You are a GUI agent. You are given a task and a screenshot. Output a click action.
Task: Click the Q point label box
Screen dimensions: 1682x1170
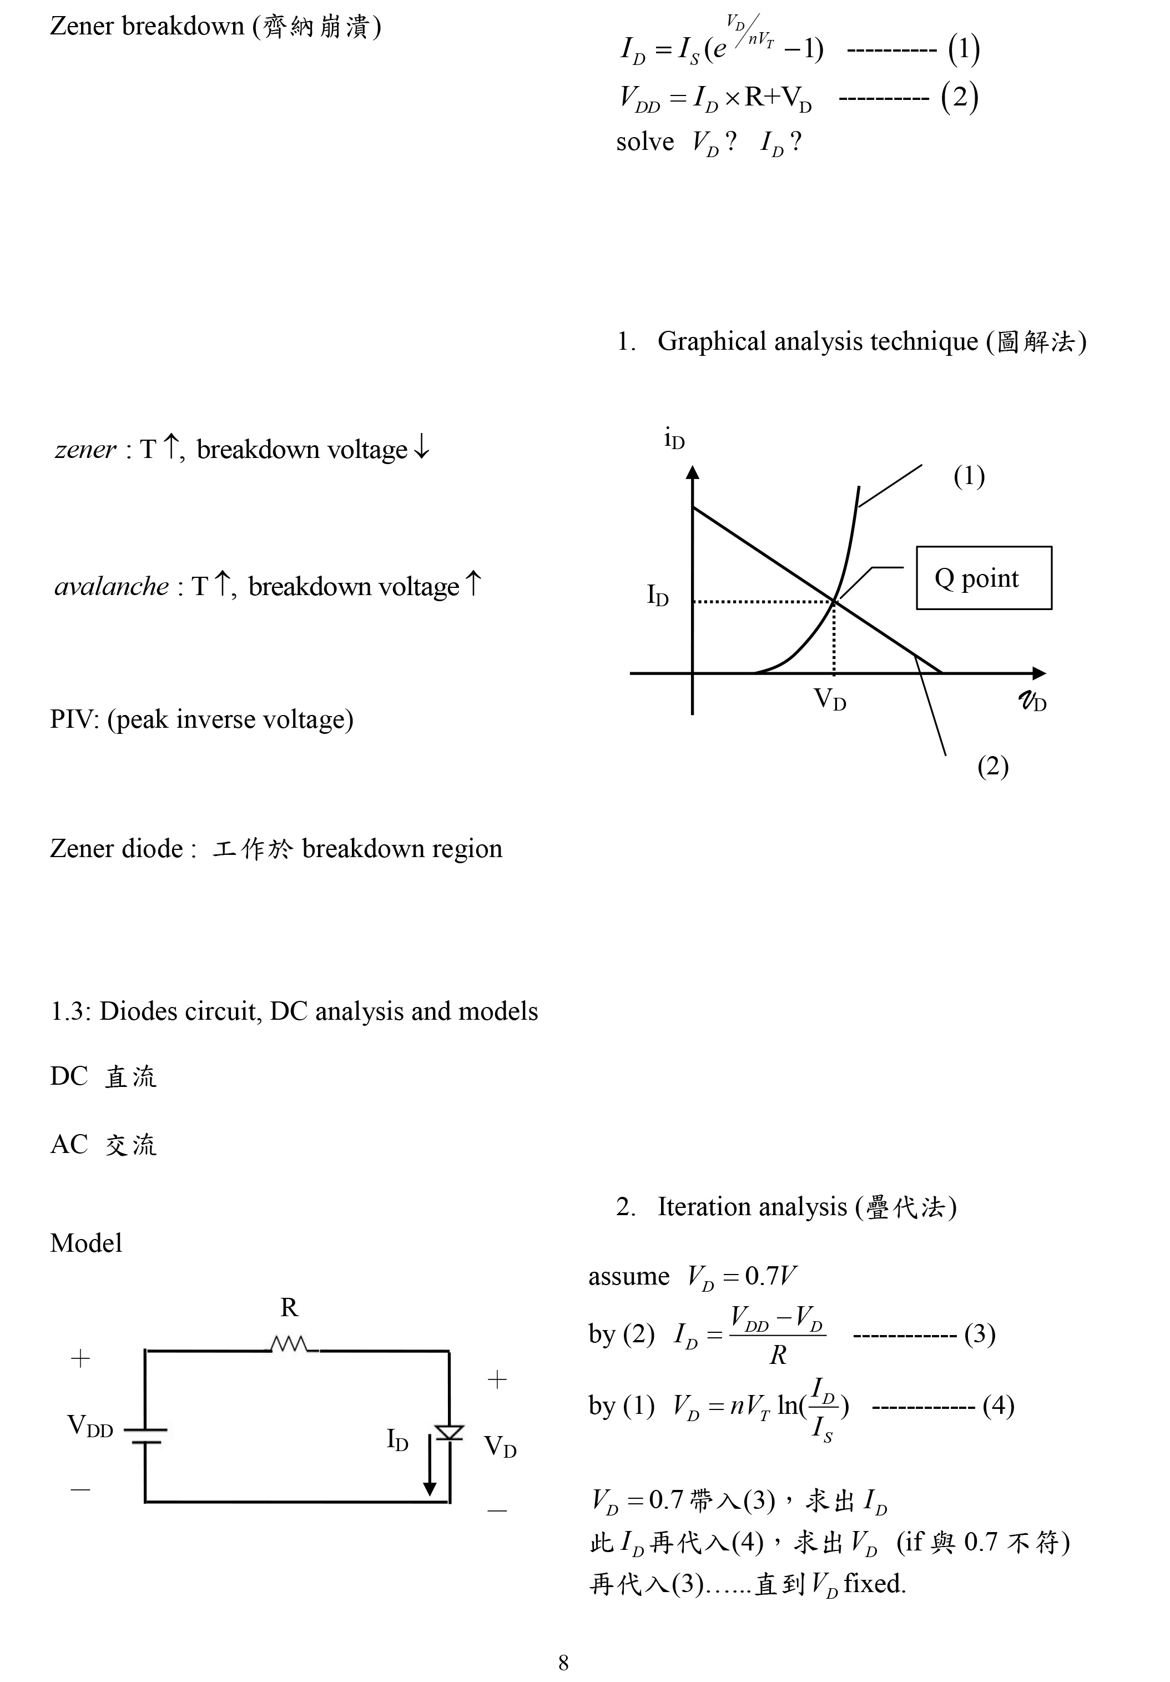point(983,578)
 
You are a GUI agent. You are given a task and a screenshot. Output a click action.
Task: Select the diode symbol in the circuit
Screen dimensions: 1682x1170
point(448,1432)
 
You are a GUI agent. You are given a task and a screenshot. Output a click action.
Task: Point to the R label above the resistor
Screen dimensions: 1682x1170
point(289,1308)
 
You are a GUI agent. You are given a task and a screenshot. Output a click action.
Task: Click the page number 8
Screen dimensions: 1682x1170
point(563,1662)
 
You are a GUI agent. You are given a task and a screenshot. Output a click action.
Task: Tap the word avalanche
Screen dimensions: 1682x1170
point(112,586)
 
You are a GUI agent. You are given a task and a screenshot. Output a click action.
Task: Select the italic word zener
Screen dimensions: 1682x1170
point(85,449)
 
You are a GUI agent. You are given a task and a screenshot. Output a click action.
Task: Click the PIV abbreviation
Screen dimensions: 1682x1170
point(73,719)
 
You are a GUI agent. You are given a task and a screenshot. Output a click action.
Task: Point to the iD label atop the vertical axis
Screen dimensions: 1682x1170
point(674,440)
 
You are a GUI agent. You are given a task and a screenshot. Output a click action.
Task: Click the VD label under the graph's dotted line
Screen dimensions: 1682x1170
point(829,699)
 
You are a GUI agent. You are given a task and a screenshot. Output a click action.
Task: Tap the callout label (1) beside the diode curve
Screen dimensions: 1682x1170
point(969,476)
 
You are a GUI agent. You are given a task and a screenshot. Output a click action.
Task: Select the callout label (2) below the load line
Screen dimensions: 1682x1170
point(993,766)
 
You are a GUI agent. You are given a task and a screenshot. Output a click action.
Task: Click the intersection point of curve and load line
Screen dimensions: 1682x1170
point(834,602)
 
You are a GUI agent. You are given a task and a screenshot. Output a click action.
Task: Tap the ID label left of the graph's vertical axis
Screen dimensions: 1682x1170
point(657,596)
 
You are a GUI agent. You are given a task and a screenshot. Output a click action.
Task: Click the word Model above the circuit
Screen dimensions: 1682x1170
point(85,1243)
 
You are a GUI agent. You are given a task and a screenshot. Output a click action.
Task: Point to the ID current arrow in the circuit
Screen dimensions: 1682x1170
point(430,1469)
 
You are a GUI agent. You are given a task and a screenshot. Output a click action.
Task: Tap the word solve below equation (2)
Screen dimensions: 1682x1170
point(645,142)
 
